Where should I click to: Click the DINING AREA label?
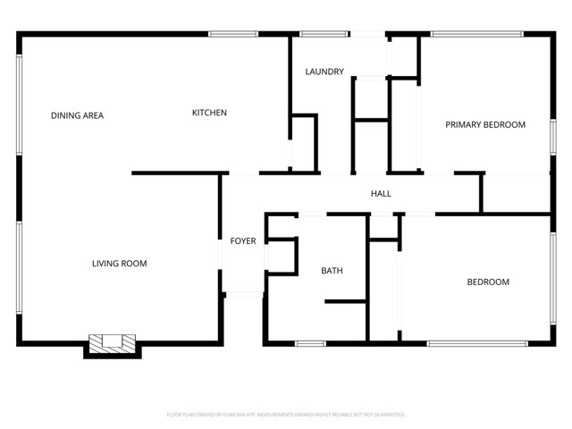[77, 115]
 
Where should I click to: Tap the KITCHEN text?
[209, 113]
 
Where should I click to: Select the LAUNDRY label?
[324, 71]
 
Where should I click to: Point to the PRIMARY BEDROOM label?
[485, 124]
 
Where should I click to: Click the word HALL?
[381, 193]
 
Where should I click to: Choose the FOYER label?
[243, 241]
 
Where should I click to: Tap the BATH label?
[332, 270]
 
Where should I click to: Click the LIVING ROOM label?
[119, 264]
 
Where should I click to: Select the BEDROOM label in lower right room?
[488, 282]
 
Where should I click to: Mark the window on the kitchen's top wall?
[235, 35]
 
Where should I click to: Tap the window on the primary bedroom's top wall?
[476, 35]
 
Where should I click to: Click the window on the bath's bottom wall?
[311, 343]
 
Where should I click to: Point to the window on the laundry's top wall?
[324, 35]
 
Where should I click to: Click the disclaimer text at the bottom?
[286, 415]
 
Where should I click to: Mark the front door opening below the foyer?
[242, 294]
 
